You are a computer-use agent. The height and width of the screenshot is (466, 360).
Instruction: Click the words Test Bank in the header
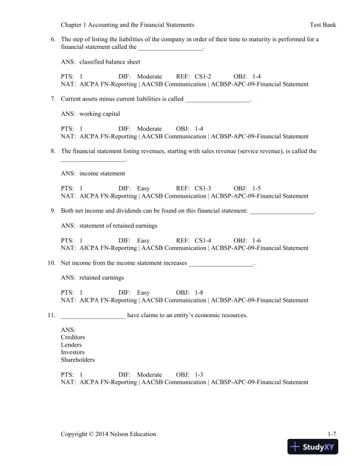(323, 25)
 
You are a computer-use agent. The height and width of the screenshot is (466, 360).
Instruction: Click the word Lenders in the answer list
(72, 345)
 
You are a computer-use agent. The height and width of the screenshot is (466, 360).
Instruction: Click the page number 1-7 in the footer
(332, 434)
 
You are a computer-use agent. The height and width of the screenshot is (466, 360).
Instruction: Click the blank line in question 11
(93, 315)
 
